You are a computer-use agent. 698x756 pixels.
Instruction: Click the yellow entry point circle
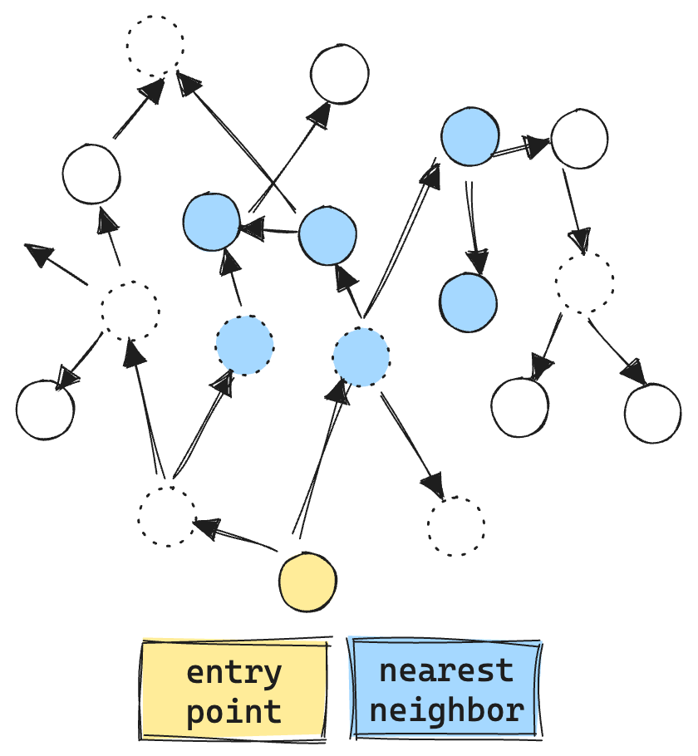point(307,581)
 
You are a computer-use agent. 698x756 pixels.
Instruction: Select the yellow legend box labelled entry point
point(233,690)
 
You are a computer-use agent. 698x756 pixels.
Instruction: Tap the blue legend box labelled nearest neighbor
point(446,690)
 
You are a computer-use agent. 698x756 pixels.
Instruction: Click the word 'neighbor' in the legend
point(446,710)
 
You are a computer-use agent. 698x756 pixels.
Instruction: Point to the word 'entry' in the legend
point(233,671)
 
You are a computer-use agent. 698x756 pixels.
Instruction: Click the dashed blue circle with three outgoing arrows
point(361,357)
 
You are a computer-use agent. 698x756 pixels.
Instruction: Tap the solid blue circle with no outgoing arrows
point(469,302)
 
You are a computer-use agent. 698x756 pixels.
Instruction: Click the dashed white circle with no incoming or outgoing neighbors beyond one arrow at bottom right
point(456,527)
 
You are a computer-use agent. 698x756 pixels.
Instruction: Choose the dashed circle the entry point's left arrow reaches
point(167,516)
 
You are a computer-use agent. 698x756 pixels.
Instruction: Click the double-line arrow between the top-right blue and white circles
point(520,147)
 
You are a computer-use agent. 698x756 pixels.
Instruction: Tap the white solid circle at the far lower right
point(653,413)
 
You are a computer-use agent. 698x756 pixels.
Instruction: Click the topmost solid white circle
point(340,74)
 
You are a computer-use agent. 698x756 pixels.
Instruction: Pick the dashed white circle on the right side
point(585,283)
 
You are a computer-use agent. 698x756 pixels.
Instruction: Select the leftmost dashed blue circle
point(244,345)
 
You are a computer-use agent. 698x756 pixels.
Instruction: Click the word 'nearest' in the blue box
point(446,670)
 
